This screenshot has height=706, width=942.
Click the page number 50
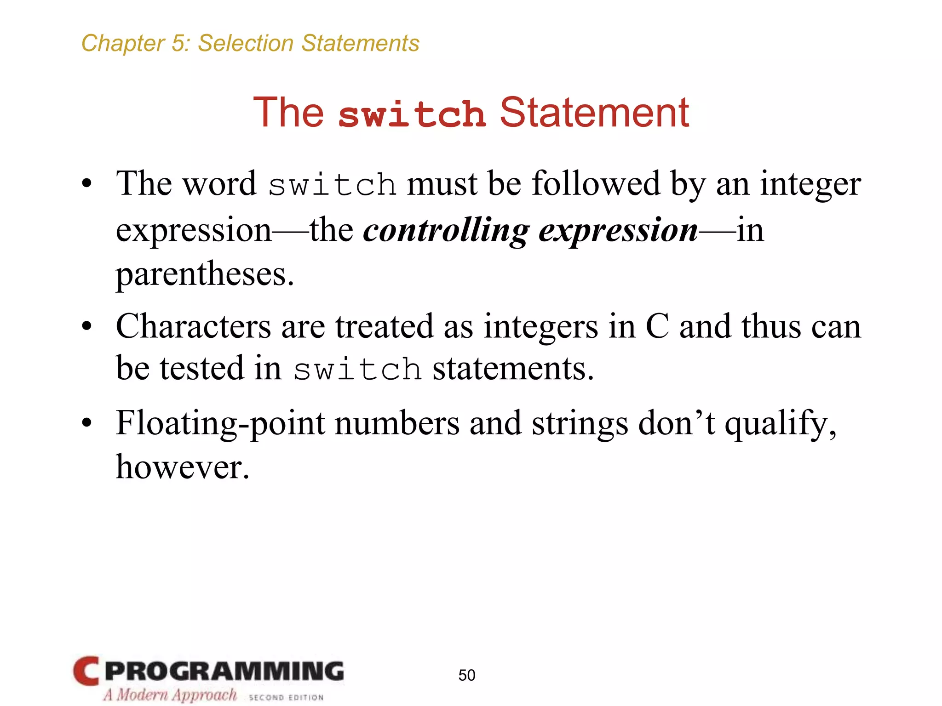466,675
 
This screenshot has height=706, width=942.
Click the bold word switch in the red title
412,114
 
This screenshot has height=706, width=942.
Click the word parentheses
204,274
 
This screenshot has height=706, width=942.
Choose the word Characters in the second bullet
193,326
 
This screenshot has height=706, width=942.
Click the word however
182,467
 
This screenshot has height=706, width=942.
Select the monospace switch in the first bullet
332,185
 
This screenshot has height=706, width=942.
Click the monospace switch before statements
357,370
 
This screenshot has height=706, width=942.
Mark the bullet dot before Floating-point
86,423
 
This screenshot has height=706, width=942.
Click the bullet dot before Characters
86,327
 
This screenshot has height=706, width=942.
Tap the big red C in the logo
86,671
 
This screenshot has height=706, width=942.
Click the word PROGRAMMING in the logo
224,671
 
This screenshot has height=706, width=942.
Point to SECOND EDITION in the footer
286,697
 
